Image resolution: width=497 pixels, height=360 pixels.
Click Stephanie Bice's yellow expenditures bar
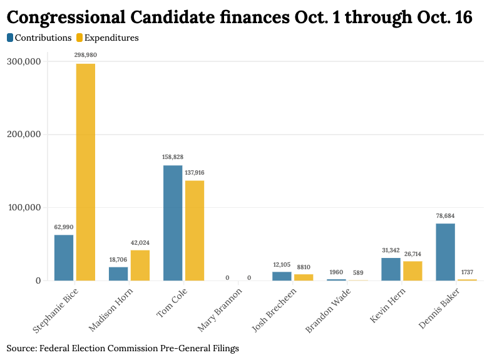[x=86, y=172]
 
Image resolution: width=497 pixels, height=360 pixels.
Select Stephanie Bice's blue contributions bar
[x=64, y=257]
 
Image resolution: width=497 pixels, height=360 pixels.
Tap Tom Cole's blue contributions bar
[x=173, y=223]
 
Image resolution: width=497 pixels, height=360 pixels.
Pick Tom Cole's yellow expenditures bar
[x=195, y=230]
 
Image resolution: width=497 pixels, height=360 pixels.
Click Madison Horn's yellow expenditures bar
[x=140, y=265]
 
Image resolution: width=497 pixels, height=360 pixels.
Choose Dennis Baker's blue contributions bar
[x=445, y=252]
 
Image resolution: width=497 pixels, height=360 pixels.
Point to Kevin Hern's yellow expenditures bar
[x=412, y=270]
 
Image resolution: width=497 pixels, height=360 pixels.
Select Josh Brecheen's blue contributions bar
[x=282, y=276]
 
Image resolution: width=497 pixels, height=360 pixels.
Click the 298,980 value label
[x=86, y=55]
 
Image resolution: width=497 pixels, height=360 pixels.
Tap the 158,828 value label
[x=173, y=157]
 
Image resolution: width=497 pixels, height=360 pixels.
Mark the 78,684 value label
[x=445, y=215]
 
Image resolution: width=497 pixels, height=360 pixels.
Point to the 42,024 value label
[x=140, y=242]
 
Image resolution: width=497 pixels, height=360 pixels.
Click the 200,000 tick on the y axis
[x=23, y=135]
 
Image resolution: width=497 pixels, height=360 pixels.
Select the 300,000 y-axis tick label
[x=23, y=61]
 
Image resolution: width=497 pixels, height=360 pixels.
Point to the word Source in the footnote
[x=20, y=348]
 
